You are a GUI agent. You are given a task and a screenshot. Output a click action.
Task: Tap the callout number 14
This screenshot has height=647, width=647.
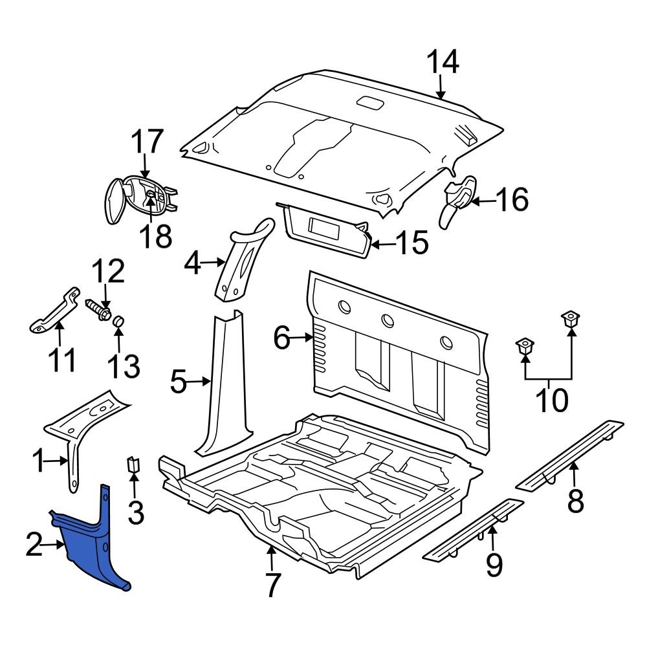pyautogui.click(x=443, y=63)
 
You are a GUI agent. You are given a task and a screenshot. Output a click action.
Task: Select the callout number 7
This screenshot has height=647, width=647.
pyautogui.click(x=272, y=585)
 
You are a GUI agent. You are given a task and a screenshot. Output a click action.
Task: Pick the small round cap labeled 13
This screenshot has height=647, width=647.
pyautogui.click(x=119, y=322)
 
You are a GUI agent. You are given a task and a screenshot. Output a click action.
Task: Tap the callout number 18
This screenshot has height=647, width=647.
pyautogui.click(x=155, y=236)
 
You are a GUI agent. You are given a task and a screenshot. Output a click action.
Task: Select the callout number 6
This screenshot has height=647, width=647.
pyautogui.click(x=281, y=338)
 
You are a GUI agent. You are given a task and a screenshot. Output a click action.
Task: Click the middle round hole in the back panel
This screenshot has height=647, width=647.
pyautogui.click(x=388, y=320)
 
